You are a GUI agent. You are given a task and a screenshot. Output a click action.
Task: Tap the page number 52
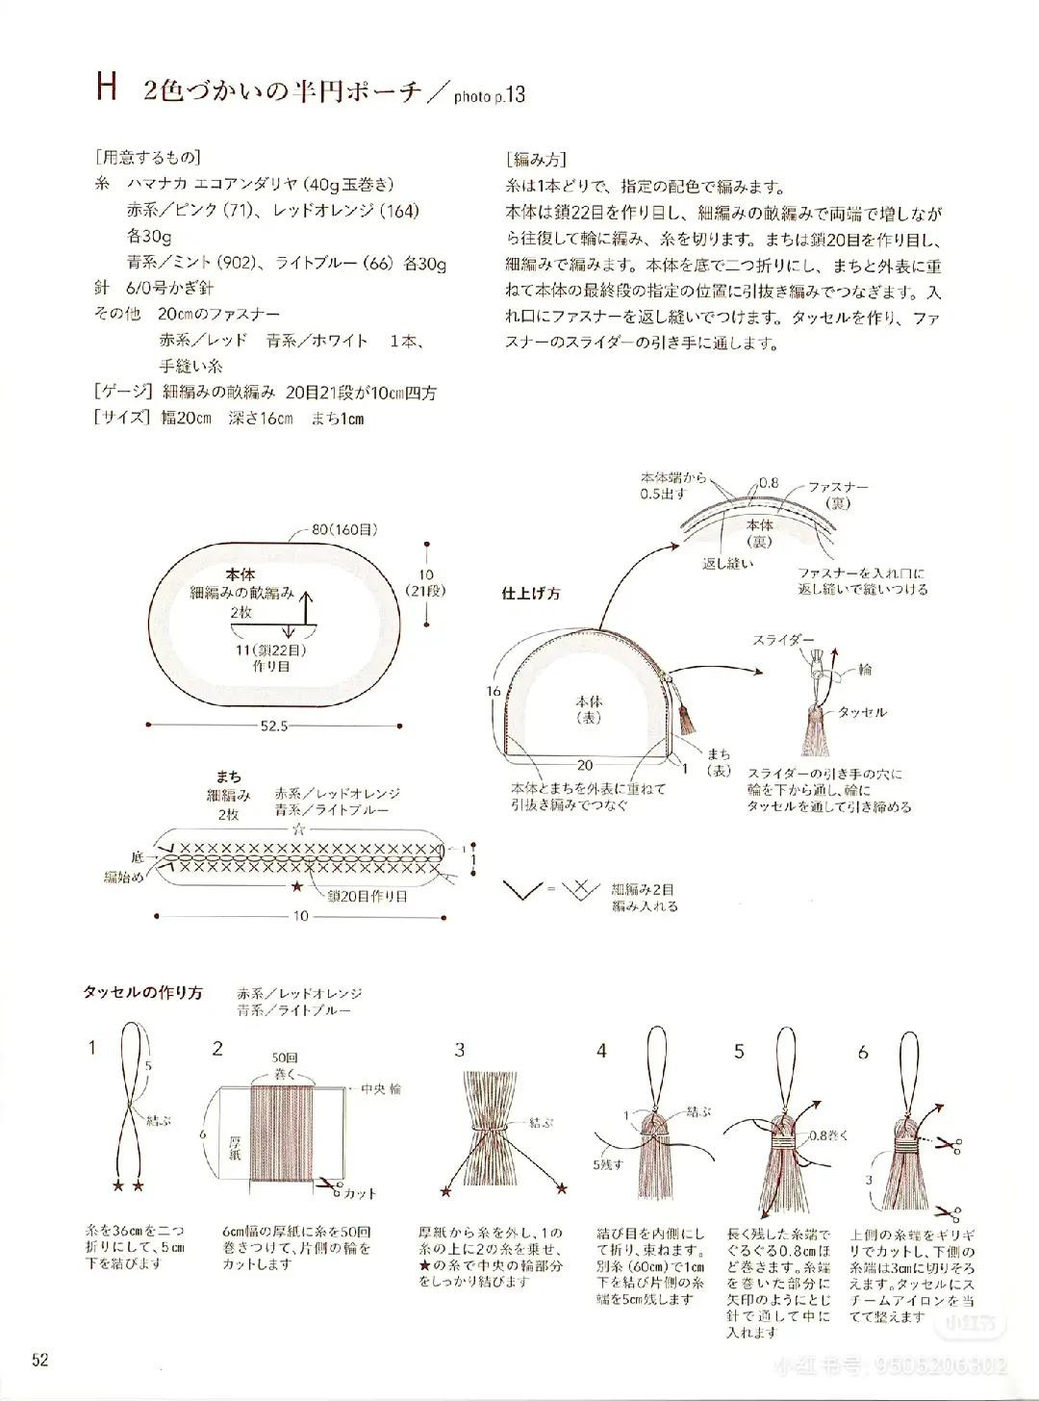tap(39, 1360)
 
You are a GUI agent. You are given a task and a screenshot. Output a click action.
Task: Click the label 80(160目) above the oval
tap(343, 529)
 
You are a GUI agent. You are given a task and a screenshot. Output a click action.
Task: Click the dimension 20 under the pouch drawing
tap(584, 765)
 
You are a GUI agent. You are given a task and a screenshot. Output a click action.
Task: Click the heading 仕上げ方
tap(530, 594)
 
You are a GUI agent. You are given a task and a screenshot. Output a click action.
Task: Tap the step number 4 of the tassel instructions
tap(601, 1051)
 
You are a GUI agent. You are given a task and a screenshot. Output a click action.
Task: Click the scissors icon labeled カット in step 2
tap(332, 1189)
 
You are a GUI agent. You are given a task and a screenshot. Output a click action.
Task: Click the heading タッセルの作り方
tap(142, 993)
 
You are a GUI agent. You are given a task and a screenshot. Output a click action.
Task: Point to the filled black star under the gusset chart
tap(296, 884)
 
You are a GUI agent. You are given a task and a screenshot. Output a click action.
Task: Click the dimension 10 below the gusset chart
tap(300, 916)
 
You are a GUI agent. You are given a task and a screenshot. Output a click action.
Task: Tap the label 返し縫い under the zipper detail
tap(726, 563)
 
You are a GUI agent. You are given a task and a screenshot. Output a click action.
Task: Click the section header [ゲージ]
tap(123, 392)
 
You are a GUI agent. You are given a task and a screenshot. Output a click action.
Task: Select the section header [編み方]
tap(536, 159)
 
